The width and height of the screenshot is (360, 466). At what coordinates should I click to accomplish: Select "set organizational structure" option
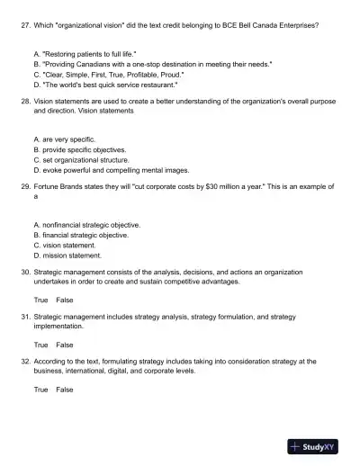(82, 159)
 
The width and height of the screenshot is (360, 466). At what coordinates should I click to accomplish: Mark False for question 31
(65, 345)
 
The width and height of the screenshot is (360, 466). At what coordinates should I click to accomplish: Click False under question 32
(65, 390)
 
